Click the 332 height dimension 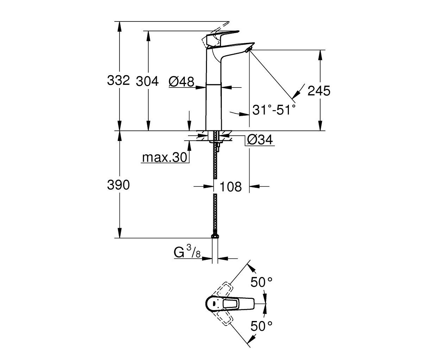click(118, 80)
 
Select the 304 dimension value click(147, 81)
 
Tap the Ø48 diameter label click(181, 82)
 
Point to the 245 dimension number click(319, 91)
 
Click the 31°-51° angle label click(274, 110)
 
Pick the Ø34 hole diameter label click(260, 140)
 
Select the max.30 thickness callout click(164, 157)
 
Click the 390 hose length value click(118, 185)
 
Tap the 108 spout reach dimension click(231, 186)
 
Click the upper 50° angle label click(261, 282)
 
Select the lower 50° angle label click(261, 326)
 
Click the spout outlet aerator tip click(248, 50)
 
